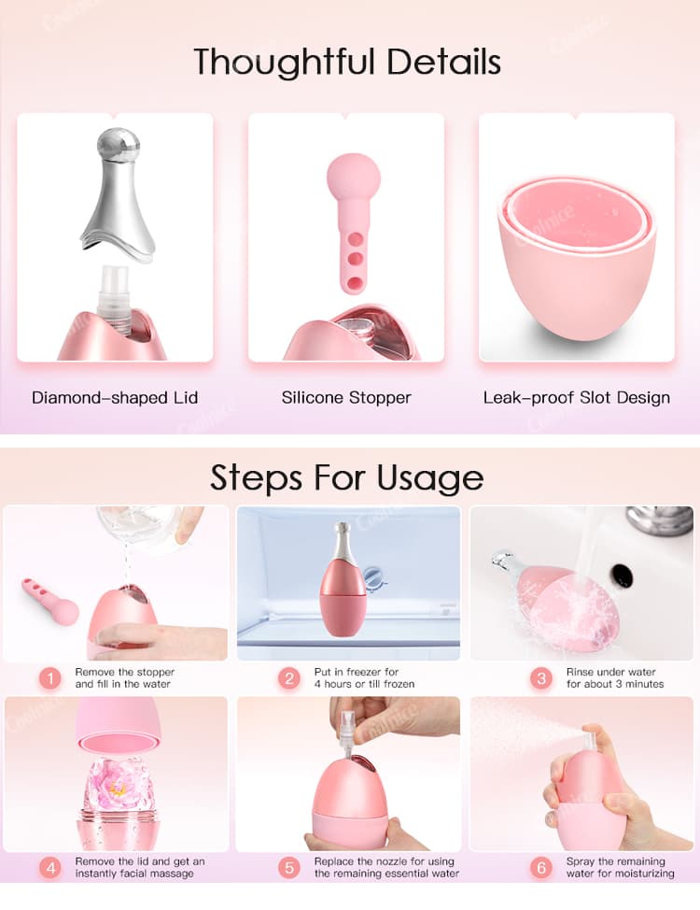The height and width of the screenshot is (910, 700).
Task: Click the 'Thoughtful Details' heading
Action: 347,62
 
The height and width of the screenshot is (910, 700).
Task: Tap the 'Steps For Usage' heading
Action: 347,476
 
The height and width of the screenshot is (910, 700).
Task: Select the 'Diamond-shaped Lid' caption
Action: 115,397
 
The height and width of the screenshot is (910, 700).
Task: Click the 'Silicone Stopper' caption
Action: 346,397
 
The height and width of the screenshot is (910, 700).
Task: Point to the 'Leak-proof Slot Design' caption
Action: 577,397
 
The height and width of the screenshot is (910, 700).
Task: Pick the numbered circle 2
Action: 289,678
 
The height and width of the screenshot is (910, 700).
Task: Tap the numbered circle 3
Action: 541,678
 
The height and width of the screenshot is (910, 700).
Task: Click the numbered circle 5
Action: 289,868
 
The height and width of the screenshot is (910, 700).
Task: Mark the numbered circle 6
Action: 541,868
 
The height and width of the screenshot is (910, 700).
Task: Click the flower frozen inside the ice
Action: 119,789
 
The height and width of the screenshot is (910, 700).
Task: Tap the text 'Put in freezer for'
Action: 356,672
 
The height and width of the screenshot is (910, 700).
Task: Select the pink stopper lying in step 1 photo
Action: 51,602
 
